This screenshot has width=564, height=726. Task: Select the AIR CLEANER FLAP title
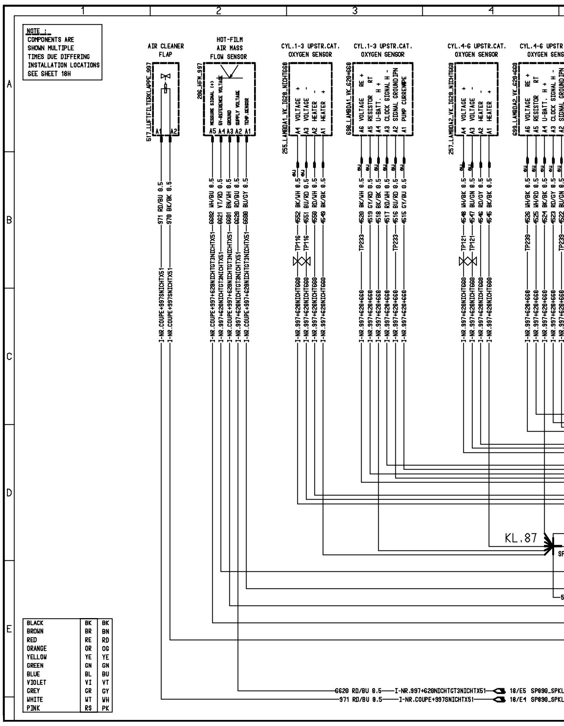(x=166, y=50)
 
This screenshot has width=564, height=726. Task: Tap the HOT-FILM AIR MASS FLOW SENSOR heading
(x=229, y=48)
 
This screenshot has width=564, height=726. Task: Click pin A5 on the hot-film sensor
(x=213, y=131)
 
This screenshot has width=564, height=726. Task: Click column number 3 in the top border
(x=354, y=11)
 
